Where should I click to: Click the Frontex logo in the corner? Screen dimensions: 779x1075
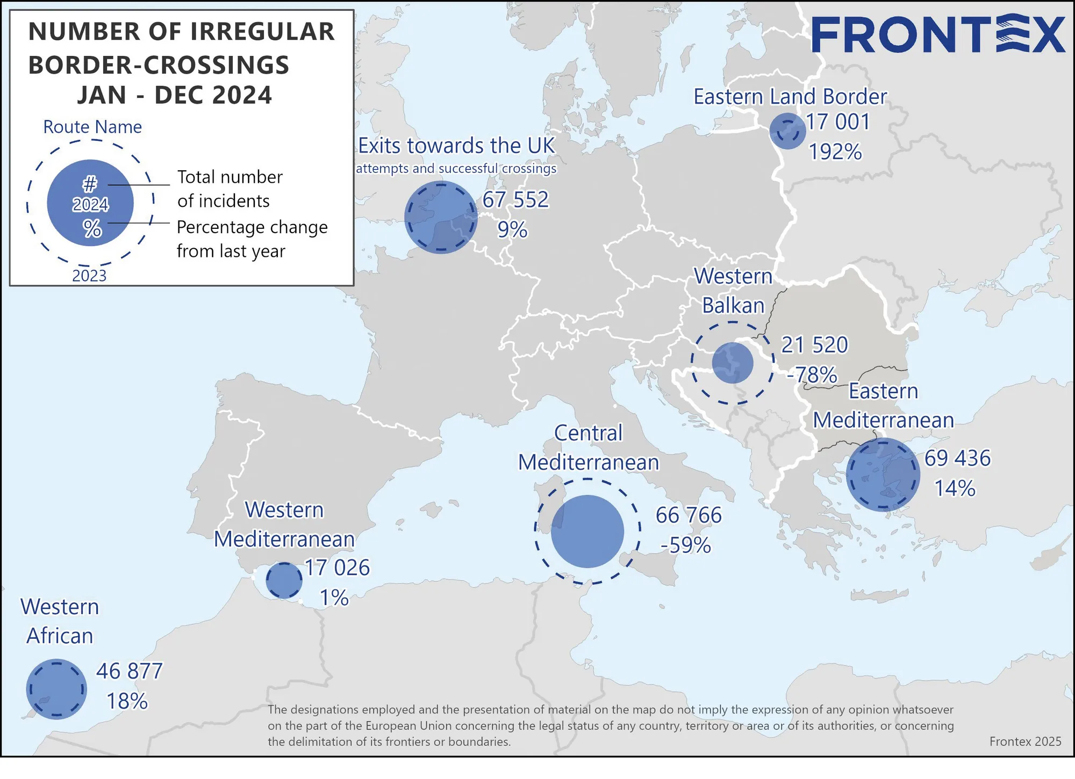(937, 35)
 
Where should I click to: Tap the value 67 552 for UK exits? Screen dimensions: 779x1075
(515, 200)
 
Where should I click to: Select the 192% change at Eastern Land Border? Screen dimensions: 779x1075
(835, 152)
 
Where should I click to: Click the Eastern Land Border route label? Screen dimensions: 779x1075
(790, 97)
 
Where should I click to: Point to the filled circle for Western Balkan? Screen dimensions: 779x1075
(733, 363)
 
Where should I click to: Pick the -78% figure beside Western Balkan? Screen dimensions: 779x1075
(812, 374)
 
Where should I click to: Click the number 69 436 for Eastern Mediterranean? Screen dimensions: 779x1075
(957, 458)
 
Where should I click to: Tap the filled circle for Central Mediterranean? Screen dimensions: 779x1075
(587, 531)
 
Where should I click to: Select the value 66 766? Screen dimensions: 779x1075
(689, 515)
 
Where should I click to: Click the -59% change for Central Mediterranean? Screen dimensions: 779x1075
(686, 545)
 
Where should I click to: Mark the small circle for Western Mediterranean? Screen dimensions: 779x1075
(284, 580)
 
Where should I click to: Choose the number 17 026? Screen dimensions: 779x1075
(338, 568)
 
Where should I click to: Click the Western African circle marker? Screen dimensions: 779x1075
(56, 689)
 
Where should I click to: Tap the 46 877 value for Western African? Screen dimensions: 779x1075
(129, 672)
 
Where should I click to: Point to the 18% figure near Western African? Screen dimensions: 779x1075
(127, 702)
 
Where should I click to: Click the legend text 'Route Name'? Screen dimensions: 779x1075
(92, 127)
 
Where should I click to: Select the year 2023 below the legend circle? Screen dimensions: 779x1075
(89, 276)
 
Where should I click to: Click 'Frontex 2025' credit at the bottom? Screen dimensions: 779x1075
(1025, 741)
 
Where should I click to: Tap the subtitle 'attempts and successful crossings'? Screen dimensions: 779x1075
(456, 169)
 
